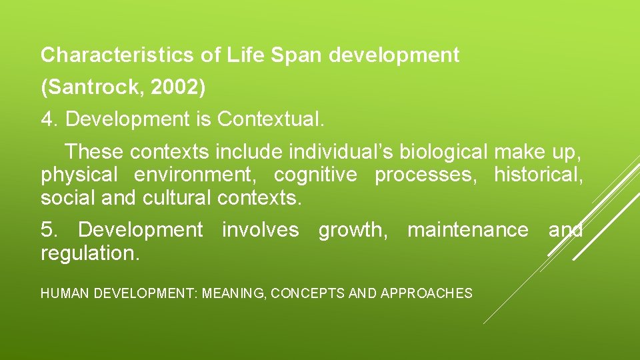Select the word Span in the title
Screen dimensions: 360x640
pos(295,55)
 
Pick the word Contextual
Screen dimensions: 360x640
pos(271,119)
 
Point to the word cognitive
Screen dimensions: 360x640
pos(315,175)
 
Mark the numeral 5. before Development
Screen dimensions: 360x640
pos(50,230)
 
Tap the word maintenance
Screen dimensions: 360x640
pos(467,230)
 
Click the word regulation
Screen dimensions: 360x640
pos(90,253)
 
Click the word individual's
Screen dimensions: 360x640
pos(341,152)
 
